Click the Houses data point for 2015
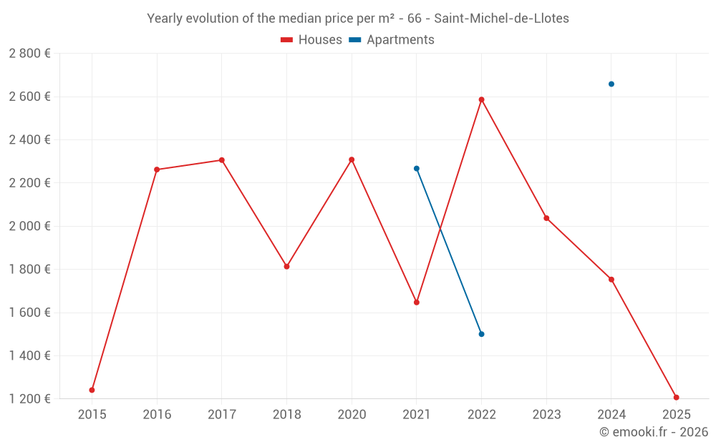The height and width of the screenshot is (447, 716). [x=92, y=390]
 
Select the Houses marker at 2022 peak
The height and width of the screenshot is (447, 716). [x=481, y=99]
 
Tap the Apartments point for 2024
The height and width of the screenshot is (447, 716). [x=611, y=84]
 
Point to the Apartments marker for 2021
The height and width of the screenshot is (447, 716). [x=417, y=169]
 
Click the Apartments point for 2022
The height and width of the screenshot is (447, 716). [x=481, y=334]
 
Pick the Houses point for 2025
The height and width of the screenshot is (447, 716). [x=676, y=397]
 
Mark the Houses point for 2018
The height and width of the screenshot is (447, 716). [x=286, y=266]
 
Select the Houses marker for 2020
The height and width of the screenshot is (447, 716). [x=352, y=159]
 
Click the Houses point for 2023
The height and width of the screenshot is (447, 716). [x=546, y=218]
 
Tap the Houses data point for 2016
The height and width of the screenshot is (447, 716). [x=157, y=170]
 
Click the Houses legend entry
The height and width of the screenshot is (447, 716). [x=311, y=40]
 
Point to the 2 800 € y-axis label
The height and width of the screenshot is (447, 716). [x=30, y=54]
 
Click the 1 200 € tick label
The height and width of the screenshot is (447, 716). [x=30, y=399]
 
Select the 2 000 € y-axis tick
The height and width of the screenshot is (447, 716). [x=30, y=226]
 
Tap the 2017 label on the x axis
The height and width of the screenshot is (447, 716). [x=221, y=415]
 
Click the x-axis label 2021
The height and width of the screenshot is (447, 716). [x=417, y=415]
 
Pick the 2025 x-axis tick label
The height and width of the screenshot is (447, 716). [x=676, y=415]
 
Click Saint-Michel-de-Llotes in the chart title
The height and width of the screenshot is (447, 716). [x=501, y=19]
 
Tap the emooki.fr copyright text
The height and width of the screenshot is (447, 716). [x=654, y=432]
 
